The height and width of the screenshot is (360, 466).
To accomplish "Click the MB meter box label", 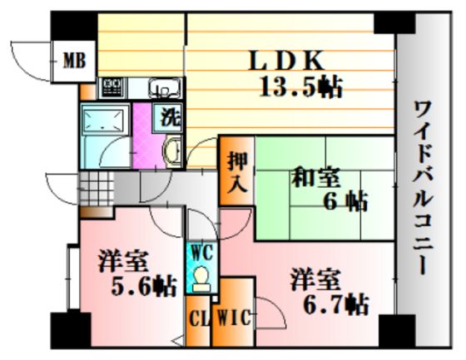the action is tap(75, 61).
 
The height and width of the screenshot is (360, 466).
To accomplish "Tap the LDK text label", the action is tap(286, 61).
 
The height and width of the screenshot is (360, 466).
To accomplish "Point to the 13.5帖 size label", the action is tap(300, 86).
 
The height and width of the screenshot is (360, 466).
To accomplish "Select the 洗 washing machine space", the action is tap(168, 117).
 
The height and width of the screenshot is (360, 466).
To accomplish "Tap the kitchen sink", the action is tap(165, 88).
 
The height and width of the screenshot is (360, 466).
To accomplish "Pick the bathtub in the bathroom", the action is tap(104, 119).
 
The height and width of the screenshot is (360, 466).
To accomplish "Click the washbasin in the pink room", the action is tap(173, 150).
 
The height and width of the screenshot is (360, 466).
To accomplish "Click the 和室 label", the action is tap(315, 177).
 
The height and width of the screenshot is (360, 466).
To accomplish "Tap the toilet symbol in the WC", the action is tap(201, 279).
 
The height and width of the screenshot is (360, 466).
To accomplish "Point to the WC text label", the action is tap(202, 253).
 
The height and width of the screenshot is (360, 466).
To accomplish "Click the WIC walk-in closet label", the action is tap(234, 318).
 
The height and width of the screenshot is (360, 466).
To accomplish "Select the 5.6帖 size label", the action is tap(144, 287).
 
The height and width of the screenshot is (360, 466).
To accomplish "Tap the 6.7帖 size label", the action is tap(336, 304).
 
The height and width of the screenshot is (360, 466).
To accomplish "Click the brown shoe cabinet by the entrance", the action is tap(96, 212).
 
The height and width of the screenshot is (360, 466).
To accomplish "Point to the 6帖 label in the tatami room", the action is tap(345, 202).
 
